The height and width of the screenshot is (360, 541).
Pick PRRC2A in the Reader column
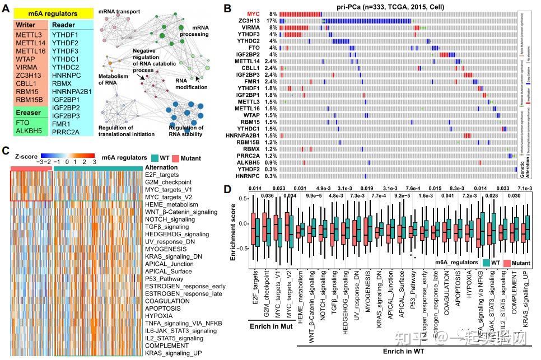pos(67,132)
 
